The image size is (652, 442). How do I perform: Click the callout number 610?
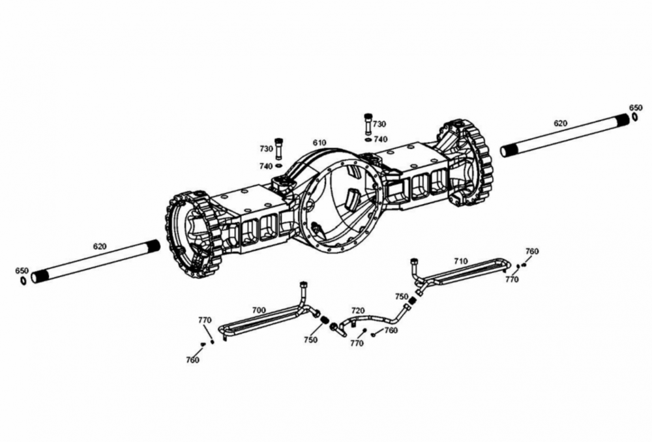point(319,143)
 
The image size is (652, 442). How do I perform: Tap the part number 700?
point(258,310)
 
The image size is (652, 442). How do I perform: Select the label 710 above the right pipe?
point(461,261)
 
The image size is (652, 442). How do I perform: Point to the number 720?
point(358,310)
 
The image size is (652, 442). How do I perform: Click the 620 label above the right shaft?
point(561,123)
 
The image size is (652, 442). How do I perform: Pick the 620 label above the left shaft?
point(100,246)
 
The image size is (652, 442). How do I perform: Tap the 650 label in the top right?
point(636,108)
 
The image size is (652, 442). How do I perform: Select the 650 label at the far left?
point(22,271)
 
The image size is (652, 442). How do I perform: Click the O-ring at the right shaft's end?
point(634,118)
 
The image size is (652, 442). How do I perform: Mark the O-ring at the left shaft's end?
point(23,281)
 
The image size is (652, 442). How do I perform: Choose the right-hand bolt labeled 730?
point(368,123)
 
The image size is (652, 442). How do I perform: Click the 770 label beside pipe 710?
point(512,280)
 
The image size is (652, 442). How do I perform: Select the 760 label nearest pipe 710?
point(532,252)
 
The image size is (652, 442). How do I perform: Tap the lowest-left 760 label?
point(192,361)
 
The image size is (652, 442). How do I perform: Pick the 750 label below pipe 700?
point(310,340)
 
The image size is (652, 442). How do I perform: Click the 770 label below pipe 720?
point(357,343)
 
